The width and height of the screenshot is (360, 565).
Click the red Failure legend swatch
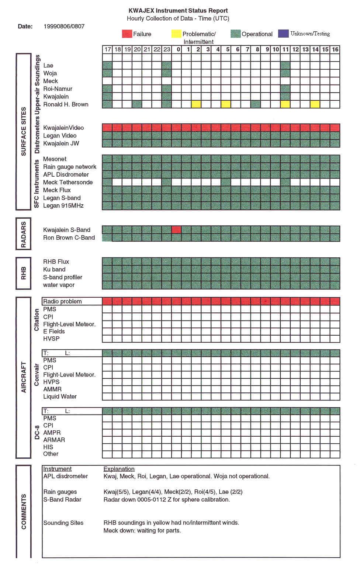[x=127, y=34]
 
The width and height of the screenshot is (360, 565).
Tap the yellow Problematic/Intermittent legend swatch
[x=176, y=34]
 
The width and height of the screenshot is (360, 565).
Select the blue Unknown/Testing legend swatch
[x=283, y=34]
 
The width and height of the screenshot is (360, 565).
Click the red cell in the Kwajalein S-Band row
[x=176, y=230]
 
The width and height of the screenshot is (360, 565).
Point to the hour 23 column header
[x=167, y=49]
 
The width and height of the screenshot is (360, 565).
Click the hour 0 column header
[x=178, y=49]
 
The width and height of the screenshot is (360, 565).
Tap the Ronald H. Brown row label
[x=66, y=104]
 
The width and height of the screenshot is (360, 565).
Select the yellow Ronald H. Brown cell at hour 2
[x=196, y=104]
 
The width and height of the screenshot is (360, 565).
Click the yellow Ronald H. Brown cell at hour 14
[x=315, y=104]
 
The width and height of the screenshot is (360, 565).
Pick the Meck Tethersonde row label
[x=68, y=182]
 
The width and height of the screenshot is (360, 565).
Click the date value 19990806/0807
[x=64, y=26]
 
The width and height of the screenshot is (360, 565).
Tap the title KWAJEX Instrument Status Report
[x=178, y=11]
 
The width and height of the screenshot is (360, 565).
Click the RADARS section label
[x=23, y=234]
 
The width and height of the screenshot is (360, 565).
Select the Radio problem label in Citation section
[x=62, y=301]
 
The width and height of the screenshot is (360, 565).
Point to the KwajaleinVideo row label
[x=63, y=128]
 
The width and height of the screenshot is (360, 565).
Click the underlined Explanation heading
[x=119, y=469]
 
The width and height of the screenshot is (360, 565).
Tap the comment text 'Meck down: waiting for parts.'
[x=142, y=530]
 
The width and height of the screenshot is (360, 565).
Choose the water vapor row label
[x=59, y=285]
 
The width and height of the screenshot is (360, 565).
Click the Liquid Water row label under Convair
[x=60, y=396]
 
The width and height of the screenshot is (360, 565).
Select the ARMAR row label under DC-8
[x=54, y=440]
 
